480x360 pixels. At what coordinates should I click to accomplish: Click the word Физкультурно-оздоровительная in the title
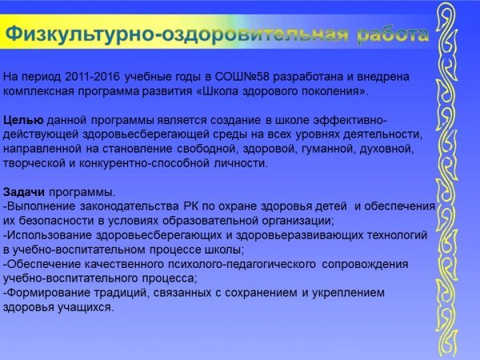(x=177, y=34)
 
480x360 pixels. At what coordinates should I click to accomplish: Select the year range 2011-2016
(x=92, y=77)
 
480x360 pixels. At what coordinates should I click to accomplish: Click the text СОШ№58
(x=242, y=77)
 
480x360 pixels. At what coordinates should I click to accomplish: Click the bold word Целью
(x=23, y=120)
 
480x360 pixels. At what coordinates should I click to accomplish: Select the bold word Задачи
(x=24, y=192)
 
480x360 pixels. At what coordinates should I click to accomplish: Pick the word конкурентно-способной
(x=145, y=163)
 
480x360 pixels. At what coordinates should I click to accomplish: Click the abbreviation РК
(x=191, y=206)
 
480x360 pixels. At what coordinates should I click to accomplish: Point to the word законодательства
(x=130, y=206)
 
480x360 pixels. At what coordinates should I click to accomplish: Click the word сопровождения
(x=366, y=264)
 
